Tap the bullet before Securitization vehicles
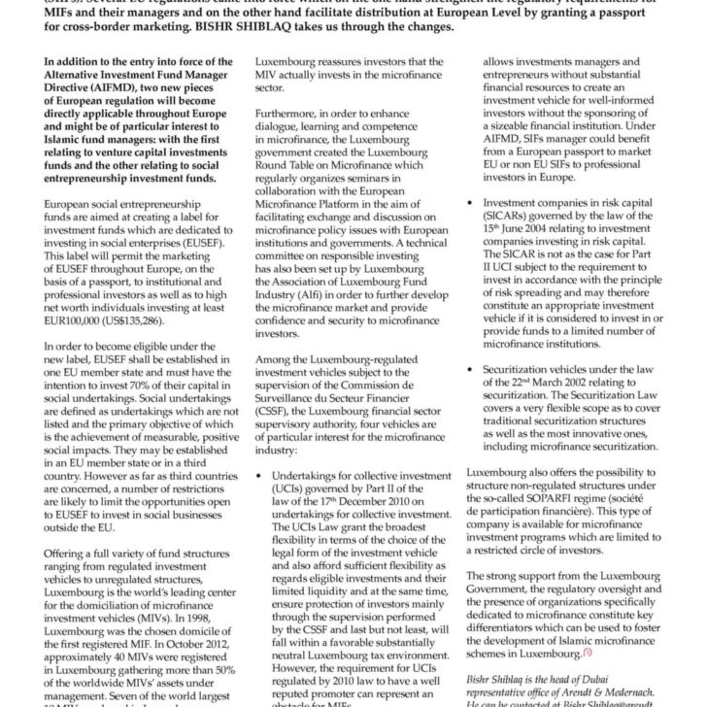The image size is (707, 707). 473,371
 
